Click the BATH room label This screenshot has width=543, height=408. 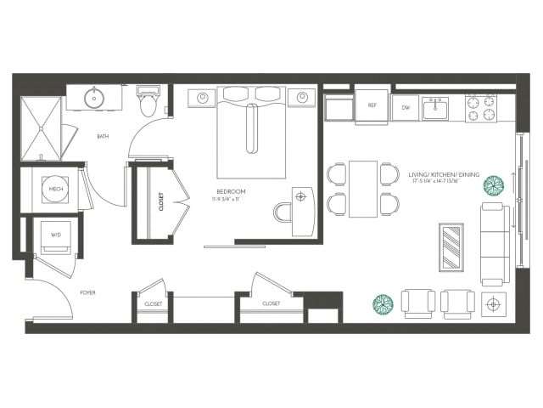(103, 136)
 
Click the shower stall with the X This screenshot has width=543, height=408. (41, 128)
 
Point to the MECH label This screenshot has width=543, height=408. (56, 189)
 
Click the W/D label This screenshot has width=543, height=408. (56, 235)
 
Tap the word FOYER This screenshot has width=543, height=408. (87, 292)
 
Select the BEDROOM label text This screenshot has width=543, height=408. (231, 192)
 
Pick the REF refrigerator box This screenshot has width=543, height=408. (372, 105)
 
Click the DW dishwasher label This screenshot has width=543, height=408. (406, 107)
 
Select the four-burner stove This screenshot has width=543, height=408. (481, 106)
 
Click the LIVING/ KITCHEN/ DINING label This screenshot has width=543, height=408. (443, 175)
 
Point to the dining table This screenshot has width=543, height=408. (363, 188)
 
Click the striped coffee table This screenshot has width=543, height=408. (451, 246)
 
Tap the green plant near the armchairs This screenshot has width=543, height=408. (383, 303)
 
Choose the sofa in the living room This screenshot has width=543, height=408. (494, 244)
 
